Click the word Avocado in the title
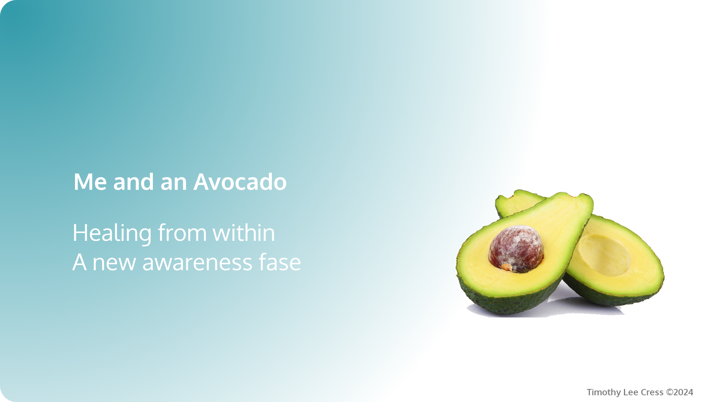[x=240, y=182]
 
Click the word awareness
[x=197, y=262]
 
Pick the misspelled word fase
[x=280, y=262]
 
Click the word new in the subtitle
[x=114, y=262]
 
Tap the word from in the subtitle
[x=182, y=233]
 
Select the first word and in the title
[x=134, y=182]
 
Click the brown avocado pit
[x=516, y=248]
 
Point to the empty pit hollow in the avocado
[x=604, y=255]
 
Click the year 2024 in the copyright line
[x=684, y=392]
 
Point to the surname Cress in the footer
[x=652, y=392]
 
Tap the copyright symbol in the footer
[x=669, y=392]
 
